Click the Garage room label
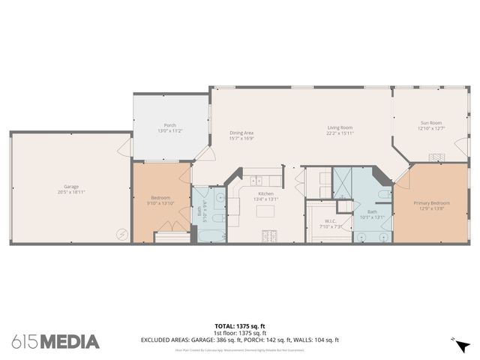(71, 186)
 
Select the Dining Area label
(241, 133)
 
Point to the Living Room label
(340, 127)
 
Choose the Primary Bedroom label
(431, 203)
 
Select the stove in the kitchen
(268, 237)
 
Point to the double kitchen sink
(256, 180)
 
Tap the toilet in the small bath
(217, 218)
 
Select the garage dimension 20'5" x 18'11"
(71, 192)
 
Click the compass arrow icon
(463, 345)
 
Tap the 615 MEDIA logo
(55, 341)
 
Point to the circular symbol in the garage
(121, 233)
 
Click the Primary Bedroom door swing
(403, 178)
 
